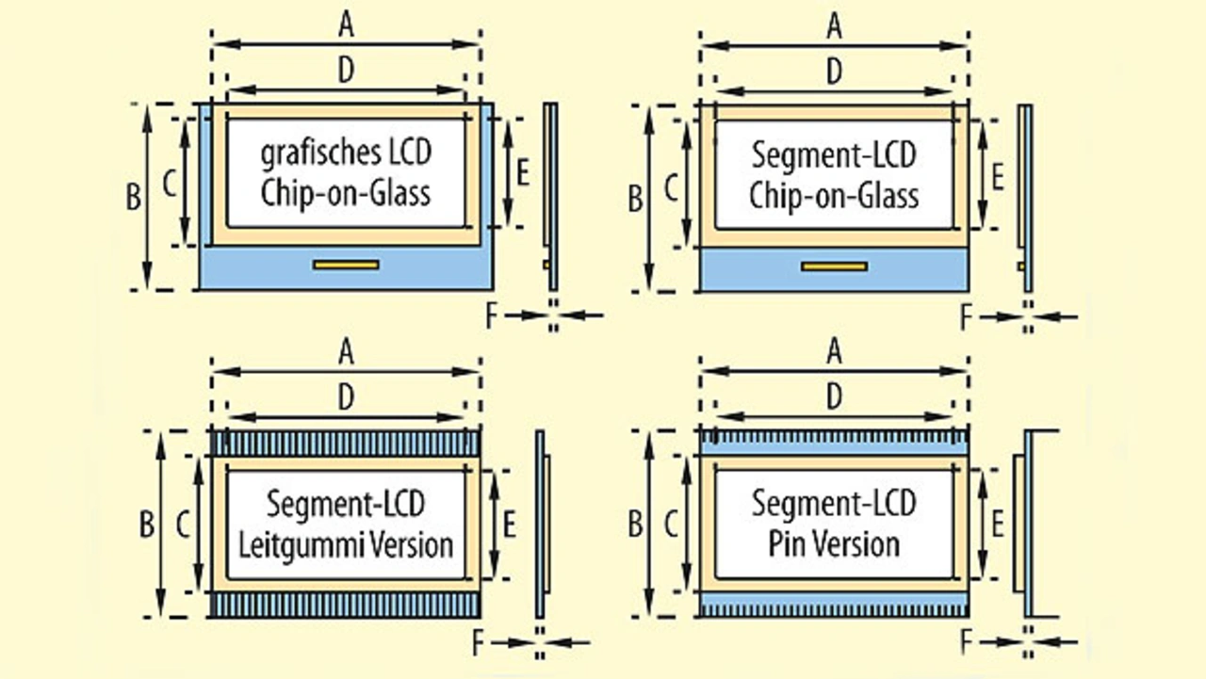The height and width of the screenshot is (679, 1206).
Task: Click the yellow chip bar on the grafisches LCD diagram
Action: (x=346, y=266)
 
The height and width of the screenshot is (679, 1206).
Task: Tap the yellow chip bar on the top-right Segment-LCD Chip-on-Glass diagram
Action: (x=834, y=267)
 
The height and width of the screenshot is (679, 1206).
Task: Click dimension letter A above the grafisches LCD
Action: (x=346, y=26)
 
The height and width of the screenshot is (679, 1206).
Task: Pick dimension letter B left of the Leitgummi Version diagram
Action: (x=147, y=525)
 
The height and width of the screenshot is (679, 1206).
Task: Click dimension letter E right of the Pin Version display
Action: (x=997, y=524)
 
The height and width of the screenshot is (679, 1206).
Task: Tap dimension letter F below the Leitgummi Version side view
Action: (x=478, y=643)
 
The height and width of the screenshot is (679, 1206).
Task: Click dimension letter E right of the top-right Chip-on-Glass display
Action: (x=998, y=175)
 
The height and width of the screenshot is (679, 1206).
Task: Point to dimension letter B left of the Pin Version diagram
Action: (x=635, y=525)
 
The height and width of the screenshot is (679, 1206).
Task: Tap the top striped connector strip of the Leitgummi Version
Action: (x=346, y=444)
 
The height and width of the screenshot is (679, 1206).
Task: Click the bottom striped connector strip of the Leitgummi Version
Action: (x=346, y=605)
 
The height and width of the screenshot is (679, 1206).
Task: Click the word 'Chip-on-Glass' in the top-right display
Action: (x=834, y=196)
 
